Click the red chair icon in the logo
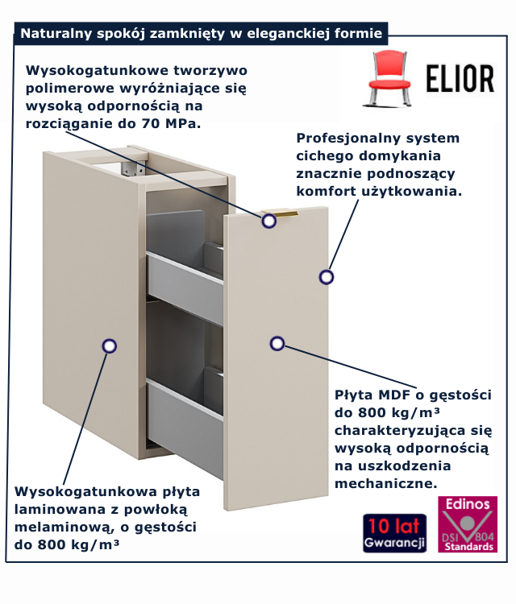(x=388, y=79)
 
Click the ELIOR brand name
(x=460, y=79)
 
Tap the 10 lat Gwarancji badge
(x=394, y=533)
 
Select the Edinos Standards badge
(x=468, y=524)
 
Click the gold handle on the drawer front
(x=280, y=213)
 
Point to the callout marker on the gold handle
(x=268, y=221)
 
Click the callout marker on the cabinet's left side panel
(x=110, y=346)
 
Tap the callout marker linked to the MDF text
(x=277, y=344)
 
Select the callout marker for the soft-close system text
(x=327, y=277)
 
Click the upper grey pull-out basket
(x=185, y=266)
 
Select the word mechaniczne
(x=386, y=483)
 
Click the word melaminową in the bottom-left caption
(x=64, y=527)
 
